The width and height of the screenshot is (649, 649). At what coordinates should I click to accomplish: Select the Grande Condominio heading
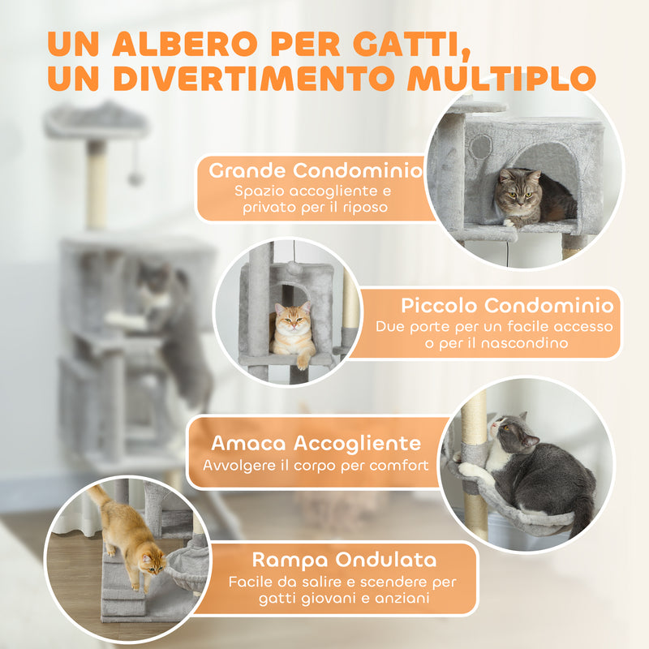[x=316, y=171]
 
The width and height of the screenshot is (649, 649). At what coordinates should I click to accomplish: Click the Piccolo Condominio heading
[x=506, y=306]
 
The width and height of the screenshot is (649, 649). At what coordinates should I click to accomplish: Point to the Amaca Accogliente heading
[x=316, y=443]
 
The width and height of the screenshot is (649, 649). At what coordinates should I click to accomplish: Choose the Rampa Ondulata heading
[x=344, y=559]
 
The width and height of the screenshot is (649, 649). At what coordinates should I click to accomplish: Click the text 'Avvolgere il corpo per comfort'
[x=316, y=466]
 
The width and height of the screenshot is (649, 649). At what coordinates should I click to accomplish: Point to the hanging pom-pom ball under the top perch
[x=135, y=178]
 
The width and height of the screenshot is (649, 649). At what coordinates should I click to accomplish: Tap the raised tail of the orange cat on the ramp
[x=100, y=496]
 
